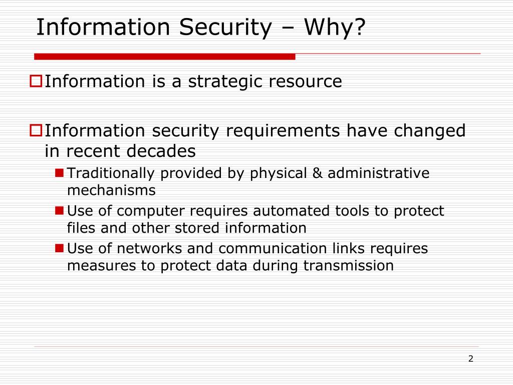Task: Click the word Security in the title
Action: click(x=224, y=28)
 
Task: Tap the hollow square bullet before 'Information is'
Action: click(x=36, y=80)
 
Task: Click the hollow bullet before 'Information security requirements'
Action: click(x=36, y=130)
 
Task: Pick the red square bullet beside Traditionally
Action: click(x=59, y=173)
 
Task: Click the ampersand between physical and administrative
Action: click(x=316, y=173)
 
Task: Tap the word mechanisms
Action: click(x=111, y=190)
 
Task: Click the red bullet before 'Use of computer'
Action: click(x=59, y=211)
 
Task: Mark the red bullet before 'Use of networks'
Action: click(x=59, y=248)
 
